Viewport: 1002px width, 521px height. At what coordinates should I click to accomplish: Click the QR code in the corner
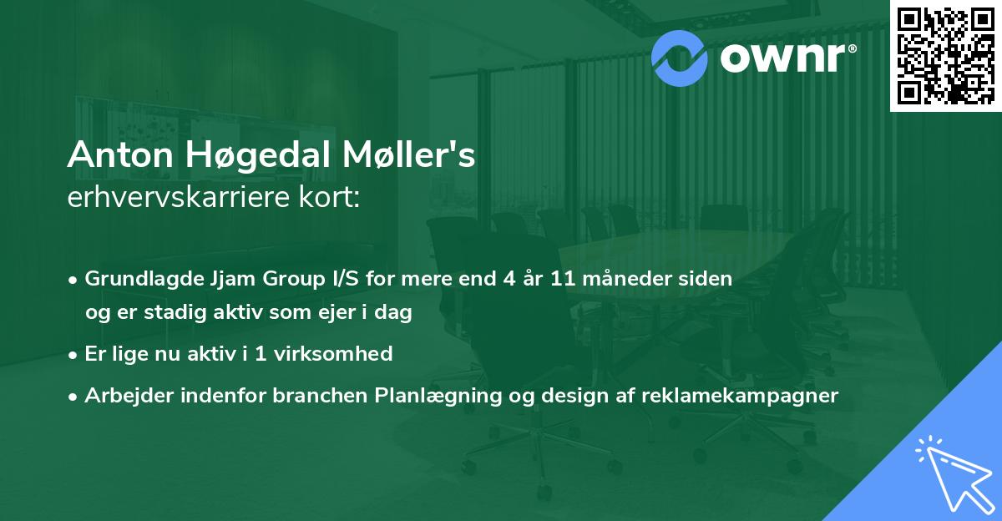coord(945,55)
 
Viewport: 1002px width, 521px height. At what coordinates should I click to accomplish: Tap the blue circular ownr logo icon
coord(679,58)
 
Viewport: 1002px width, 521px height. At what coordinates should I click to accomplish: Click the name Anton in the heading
coord(120,154)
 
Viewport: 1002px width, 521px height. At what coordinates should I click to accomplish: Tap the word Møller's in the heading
coord(409,154)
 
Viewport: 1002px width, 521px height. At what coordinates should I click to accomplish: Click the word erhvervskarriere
coord(179,197)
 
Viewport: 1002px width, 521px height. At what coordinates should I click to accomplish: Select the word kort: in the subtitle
coord(329,197)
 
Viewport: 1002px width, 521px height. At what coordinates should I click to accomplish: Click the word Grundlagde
coord(144,279)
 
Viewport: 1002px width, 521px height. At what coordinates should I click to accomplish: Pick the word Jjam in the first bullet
coord(233,279)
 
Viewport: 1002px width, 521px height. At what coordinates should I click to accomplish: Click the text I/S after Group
coord(346,278)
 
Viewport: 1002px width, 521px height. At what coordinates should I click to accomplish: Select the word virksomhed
coord(333,354)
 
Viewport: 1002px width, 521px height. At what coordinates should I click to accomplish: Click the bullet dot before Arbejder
coord(73,397)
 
